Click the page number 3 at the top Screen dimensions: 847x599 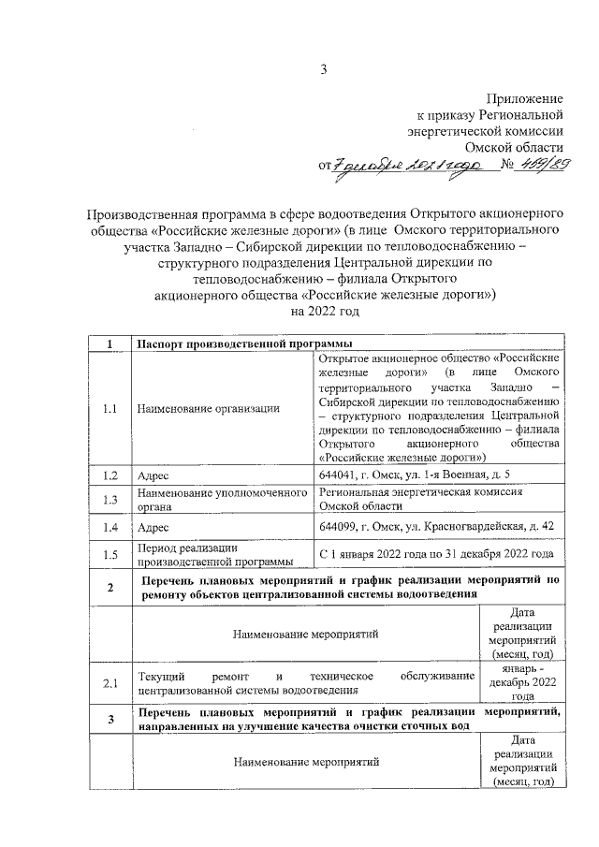(324, 69)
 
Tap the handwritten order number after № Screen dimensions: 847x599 (542, 165)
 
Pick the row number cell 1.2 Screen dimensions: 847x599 (110, 475)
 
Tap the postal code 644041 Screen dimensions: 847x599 (339, 475)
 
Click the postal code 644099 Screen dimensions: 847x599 (339, 527)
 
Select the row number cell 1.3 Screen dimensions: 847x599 (110, 500)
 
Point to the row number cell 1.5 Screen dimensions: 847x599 (110, 554)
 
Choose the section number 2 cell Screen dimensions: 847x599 (110, 587)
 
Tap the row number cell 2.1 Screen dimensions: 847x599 (110, 683)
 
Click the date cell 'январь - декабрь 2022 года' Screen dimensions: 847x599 (523, 683)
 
